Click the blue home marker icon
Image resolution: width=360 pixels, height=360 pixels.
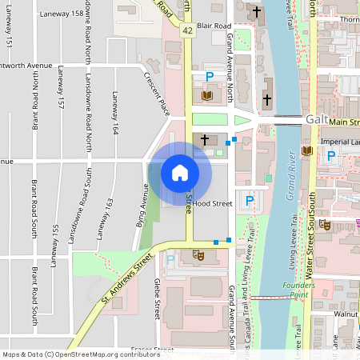click(x=180, y=172)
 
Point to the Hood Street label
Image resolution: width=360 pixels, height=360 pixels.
click(x=212, y=204)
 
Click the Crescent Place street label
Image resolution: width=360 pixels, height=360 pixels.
click(x=156, y=91)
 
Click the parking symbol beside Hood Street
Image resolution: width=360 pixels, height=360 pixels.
click(x=249, y=201)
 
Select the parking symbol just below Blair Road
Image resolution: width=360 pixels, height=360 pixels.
click(x=210, y=77)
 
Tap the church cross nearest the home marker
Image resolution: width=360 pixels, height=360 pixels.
click(x=204, y=140)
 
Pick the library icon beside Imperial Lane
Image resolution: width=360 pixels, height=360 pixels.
click(x=308, y=150)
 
